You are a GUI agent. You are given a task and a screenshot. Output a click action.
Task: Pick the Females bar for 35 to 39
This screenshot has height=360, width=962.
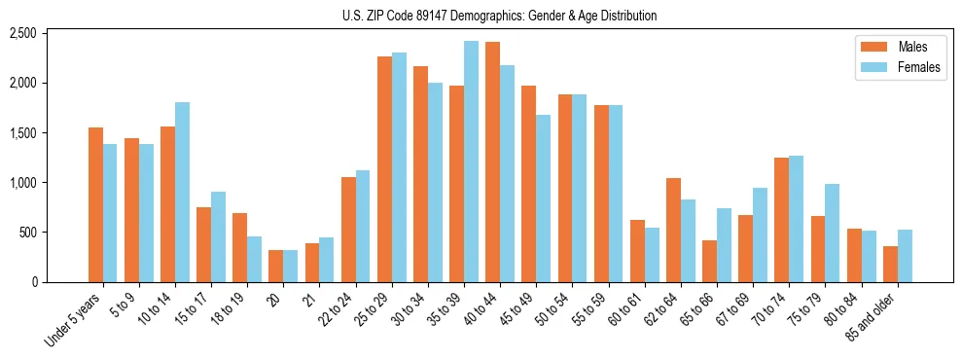click(471, 162)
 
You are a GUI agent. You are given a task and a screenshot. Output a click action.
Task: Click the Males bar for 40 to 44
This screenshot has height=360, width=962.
click(492, 162)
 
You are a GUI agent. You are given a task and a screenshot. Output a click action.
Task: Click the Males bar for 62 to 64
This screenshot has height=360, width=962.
click(673, 230)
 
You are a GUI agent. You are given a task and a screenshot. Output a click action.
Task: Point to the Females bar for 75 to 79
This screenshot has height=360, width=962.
click(833, 233)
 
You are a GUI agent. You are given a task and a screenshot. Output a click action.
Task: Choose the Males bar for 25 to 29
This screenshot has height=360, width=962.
click(384, 169)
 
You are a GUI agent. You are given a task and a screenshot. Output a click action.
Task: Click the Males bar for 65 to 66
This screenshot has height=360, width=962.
click(709, 261)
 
